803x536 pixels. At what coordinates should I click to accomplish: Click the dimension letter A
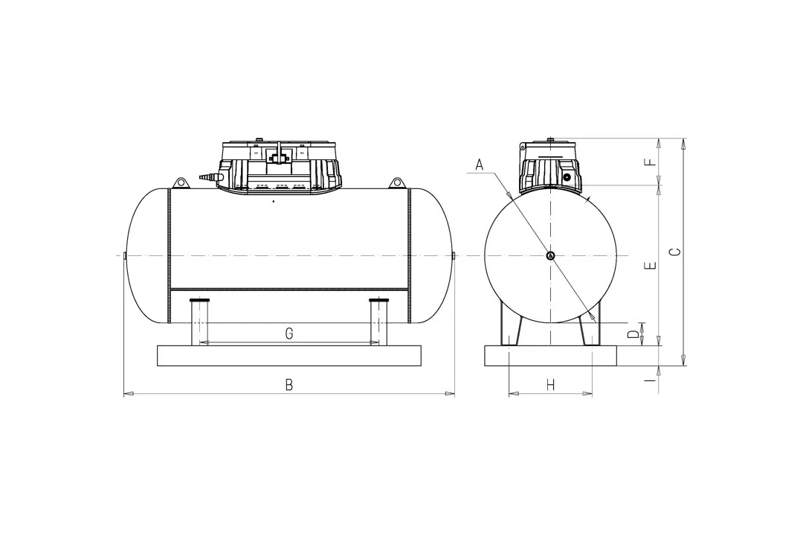[480, 165]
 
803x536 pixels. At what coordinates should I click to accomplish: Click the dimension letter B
[289, 385]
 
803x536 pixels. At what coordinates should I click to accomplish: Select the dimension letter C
[675, 252]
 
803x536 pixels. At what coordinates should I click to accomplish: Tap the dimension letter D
[634, 335]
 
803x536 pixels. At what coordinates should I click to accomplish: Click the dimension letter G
[289, 334]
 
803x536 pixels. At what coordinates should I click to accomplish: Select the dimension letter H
[550, 385]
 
